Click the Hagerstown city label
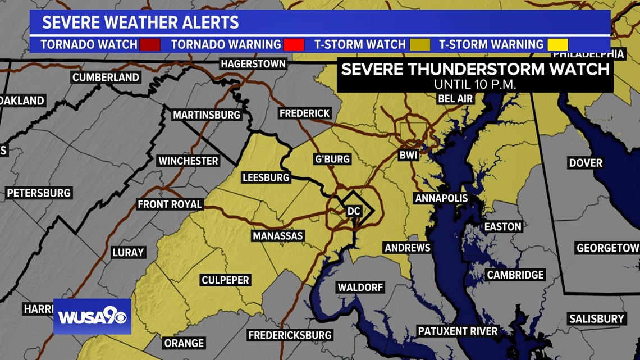[253, 64]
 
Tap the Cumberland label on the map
[106, 78]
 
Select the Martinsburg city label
[206, 115]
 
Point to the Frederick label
[304, 113]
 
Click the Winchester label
[188, 161]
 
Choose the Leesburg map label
[266, 178]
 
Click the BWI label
[408, 155]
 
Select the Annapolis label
[441, 198]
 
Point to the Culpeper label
[225, 280]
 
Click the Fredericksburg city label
[290, 335]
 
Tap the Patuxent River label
[458, 331]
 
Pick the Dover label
[586, 163]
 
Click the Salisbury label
[596, 318]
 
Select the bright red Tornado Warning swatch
[295, 44]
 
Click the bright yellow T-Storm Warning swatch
[558, 44]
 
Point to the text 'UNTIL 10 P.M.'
[475, 84]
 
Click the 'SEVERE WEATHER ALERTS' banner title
[140, 23]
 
